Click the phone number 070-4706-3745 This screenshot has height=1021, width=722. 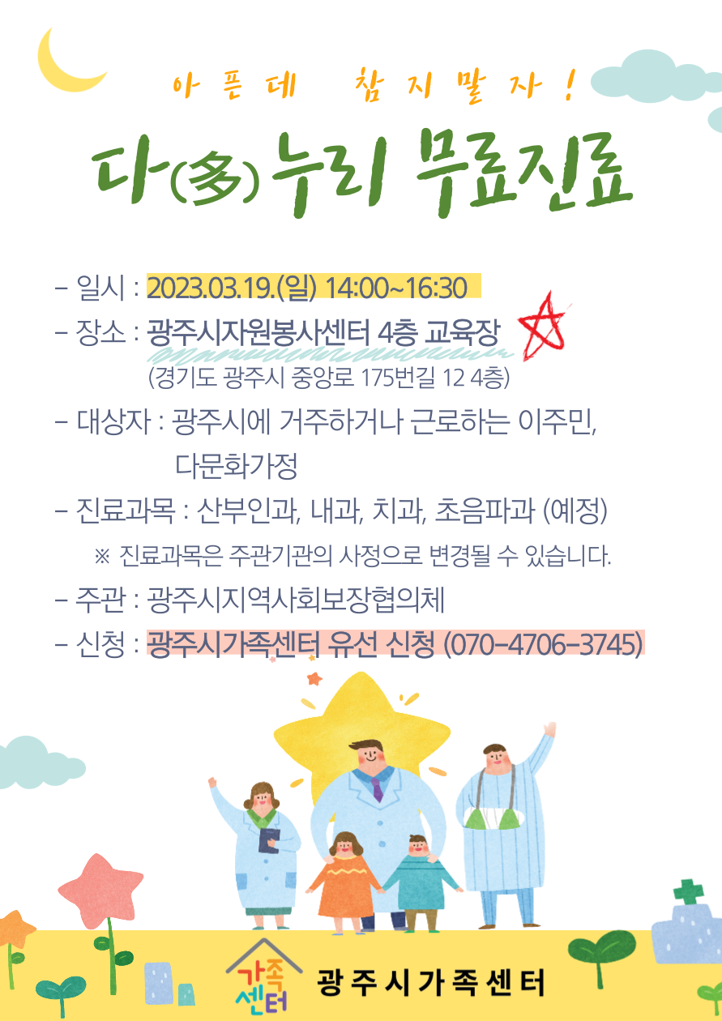(543, 644)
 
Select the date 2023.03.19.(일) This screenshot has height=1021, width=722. (232, 288)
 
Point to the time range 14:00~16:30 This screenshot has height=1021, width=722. (396, 288)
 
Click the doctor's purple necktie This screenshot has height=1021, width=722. (377, 789)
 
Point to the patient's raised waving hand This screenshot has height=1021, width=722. (550, 729)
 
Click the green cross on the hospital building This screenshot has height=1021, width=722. (689, 892)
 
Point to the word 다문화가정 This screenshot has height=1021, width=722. (237, 466)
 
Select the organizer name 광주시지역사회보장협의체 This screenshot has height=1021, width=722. (295, 600)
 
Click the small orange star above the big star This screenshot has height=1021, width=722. (314, 679)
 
